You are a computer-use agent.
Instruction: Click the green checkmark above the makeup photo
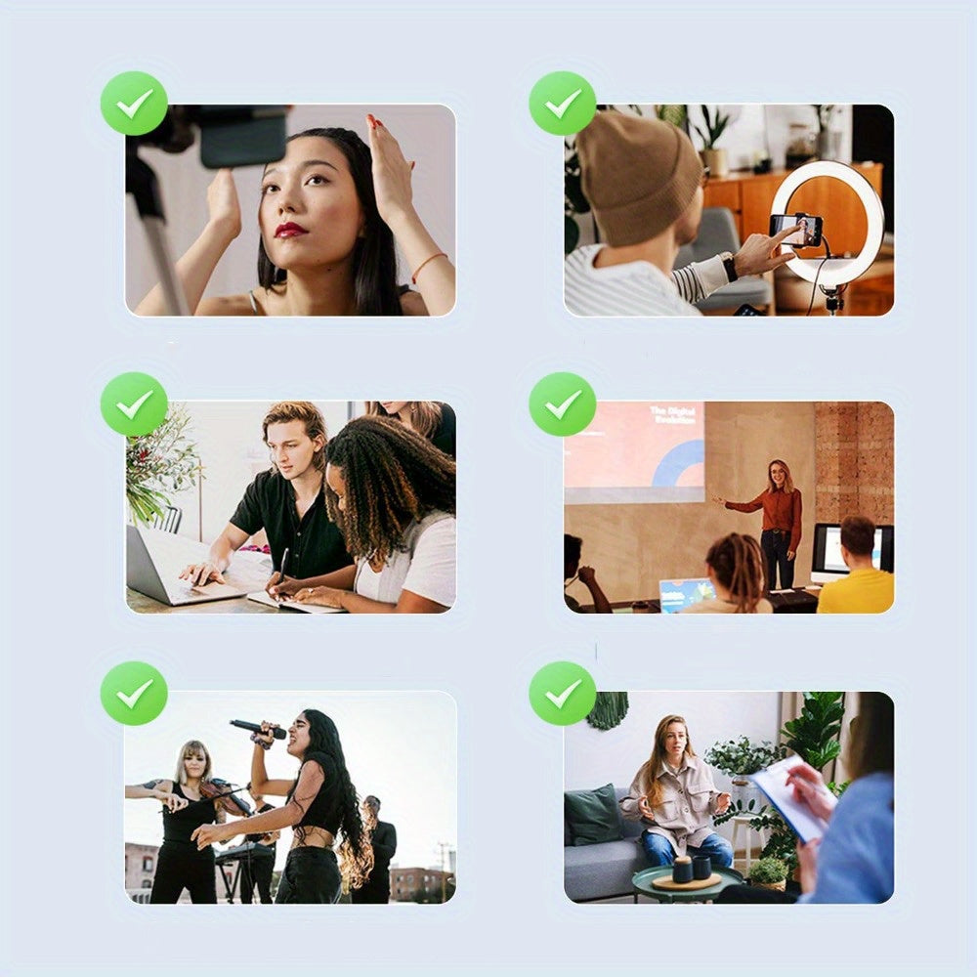(x=134, y=103)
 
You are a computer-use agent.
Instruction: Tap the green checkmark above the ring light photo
(x=563, y=103)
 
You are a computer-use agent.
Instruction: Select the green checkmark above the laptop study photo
(x=134, y=404)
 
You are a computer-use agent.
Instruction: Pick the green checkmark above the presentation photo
(x=563, y=404)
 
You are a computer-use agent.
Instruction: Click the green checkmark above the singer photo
(x=134, y=693)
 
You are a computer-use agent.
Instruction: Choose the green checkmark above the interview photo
(x=563, y=693)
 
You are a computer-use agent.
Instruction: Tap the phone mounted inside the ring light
(x=795, y=229)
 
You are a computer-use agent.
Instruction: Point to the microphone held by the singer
(x=257, y=729)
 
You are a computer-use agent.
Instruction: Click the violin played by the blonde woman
(x=221, y=794)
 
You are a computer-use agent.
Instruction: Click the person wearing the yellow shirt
(x=855, y=576)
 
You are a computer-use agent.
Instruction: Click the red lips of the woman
(x=291, y=230)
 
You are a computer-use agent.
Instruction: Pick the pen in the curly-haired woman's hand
(x=282, y=567)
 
